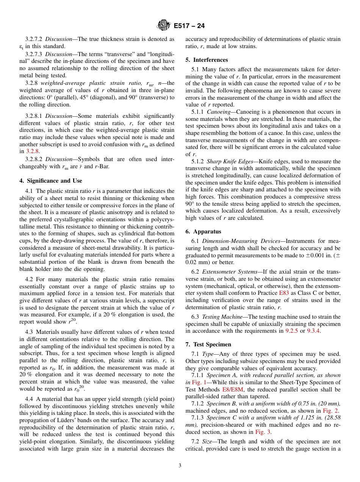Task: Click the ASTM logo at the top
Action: tap(164, 26)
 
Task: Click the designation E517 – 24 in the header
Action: tap(189, 26)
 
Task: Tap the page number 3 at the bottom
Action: tap(180, 466)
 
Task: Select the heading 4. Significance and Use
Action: tap(51, 181)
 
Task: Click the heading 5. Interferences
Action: tap(207, 60)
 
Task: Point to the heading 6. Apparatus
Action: tap(203, 232)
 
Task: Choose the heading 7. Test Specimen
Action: tap(208, 344)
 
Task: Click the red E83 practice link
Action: tap(284, 293)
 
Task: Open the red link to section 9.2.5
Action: tap(291, 331)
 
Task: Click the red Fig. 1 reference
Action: tap(199, 382)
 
